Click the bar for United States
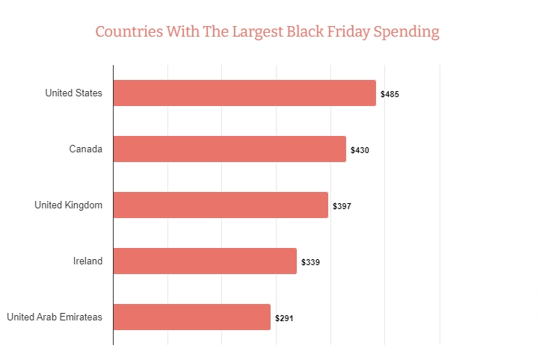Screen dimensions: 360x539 click(x=244, y=93)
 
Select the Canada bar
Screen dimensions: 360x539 click(x=230, y=149)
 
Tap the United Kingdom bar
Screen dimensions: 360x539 click(x=221, y=205)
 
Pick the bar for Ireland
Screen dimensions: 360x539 click(x=205, y=261)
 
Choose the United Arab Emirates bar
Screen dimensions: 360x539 click(x=191, y=317)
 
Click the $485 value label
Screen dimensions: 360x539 click(x=390, y=95)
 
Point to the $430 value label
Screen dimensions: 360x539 click(x=360, y=151)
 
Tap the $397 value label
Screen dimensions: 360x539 click(x=342, y=206)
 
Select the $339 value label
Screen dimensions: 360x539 click(x=311, y=262)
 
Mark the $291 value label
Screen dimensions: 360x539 click(x=284, y=318)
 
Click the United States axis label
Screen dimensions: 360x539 click(x=73, y=93)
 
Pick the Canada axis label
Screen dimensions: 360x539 click(x=85, y=149)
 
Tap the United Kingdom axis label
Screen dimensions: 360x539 click(x=68, y=205)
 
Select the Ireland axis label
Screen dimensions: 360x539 click(x=87, y=261)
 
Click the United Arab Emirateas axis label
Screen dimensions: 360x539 click(x=55, y=317)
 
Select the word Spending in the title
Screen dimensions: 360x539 click(x=410, y=33)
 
